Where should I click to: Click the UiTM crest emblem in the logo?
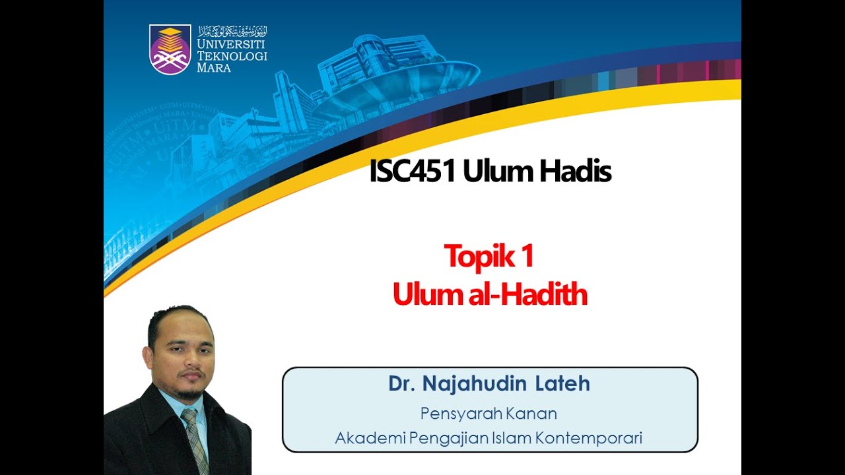point(170,49)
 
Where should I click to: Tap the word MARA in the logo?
point(214,67)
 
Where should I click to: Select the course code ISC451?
point(413,172)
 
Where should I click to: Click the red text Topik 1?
point(489,256)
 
